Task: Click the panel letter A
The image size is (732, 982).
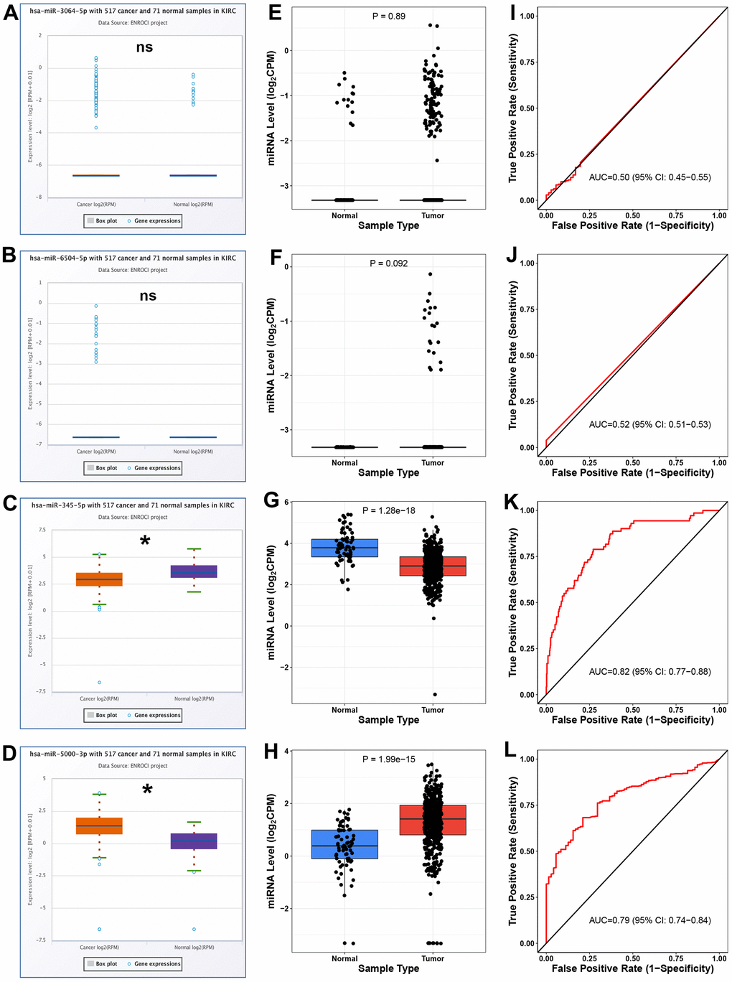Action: click(x=10, y=12)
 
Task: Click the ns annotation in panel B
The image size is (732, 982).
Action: click(x=148, y=296)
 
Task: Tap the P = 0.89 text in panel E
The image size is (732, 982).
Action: click(x=389, y=16)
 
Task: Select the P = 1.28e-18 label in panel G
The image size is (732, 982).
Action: click(x=389, y=510)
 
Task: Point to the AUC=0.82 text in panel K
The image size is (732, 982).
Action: click(x=649, y=672)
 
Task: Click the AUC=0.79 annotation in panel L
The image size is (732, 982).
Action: click(x=649, y=920)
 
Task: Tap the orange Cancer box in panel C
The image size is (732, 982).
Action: click(x=99, y=579)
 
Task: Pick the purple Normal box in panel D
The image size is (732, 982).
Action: click(x=194, y=841)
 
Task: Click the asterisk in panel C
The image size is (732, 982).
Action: click(x=145, y=541)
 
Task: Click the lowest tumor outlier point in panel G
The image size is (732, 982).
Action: click(x=435, y=694)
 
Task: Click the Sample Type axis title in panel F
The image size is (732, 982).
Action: click(x=388, y=472)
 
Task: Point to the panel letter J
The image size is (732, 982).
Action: click(x=512, y=255)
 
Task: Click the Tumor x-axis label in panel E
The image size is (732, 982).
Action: click(x=433, y=215)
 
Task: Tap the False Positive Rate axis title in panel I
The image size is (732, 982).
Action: click(x=632, y=225)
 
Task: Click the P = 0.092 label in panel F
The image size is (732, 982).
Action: click(x=389, y=263)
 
